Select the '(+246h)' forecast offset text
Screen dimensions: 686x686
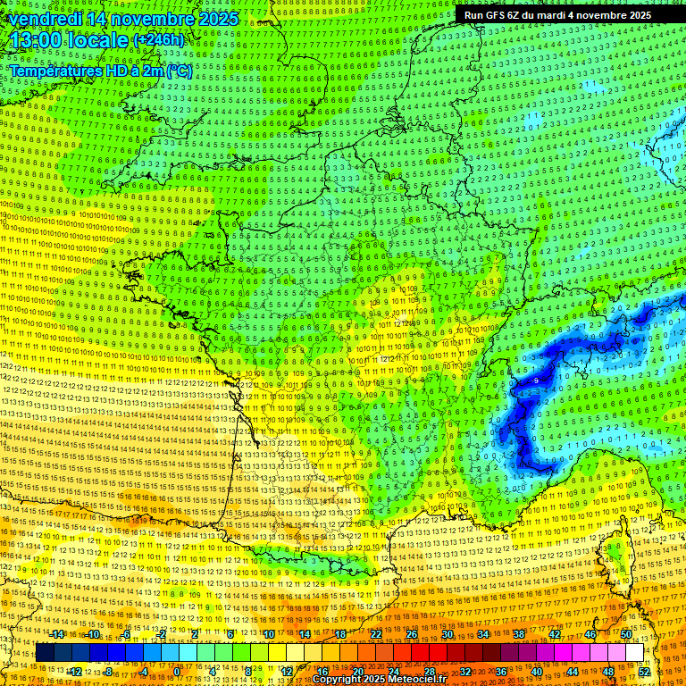[x=158, y=40]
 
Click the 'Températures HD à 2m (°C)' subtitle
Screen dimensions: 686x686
[x=100, y=71]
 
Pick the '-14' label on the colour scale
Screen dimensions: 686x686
[x=58, y=634]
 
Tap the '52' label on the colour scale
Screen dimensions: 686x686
[x=644, y=671]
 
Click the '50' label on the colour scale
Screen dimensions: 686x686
[x=626, y=634]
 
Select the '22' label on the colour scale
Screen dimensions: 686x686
[x=376, y=634]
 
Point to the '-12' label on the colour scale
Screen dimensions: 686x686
[x=75, y=671]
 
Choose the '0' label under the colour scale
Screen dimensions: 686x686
[x=177, y=671]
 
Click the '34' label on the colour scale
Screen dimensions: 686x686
[x=483, y=634]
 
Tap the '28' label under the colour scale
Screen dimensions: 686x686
[x=430, y=671]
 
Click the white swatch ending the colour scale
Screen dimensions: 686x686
[x=634, y=653]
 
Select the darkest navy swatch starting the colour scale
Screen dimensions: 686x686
[x=45, y=653]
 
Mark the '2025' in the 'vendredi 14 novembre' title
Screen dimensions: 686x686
[x=218, y=18]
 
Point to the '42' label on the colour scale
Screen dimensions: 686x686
[x=555, y=634]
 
